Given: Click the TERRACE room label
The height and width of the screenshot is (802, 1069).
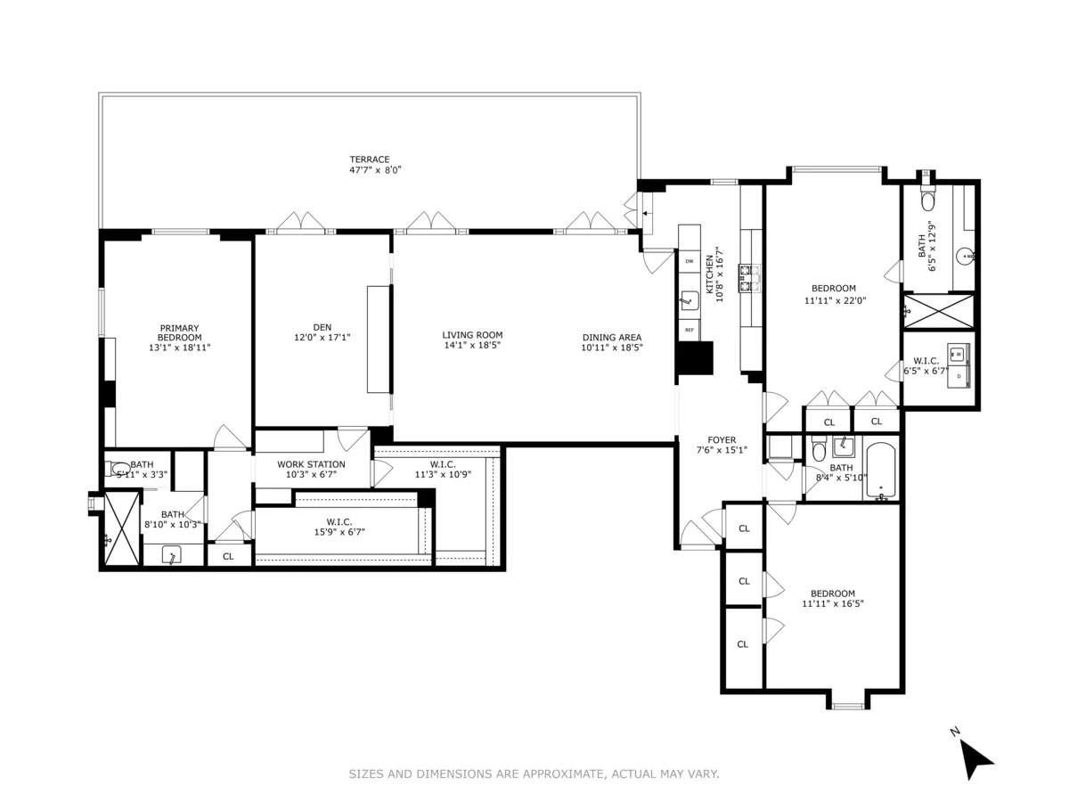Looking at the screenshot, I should click(369, 160).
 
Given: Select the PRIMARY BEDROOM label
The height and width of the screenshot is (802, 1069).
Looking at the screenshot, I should click(179, 332).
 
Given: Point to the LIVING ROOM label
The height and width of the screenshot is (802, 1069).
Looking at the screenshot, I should click(472, 335).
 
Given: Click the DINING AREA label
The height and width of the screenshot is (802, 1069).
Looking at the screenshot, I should click(611, 338).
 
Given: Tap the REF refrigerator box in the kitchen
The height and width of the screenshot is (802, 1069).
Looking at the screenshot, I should click(689, 330).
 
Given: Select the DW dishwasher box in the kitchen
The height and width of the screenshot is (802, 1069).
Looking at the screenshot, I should click(689, 261).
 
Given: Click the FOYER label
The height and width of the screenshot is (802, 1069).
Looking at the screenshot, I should click(722, 440).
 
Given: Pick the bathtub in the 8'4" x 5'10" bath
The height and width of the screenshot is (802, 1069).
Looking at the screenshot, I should click(881, 471).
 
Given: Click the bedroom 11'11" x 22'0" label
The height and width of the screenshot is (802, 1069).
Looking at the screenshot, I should click(833, 288).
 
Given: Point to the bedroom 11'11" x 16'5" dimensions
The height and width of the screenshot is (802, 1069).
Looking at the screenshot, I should click(832, 603).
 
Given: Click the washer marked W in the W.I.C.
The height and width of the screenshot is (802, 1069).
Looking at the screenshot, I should click(959, 353).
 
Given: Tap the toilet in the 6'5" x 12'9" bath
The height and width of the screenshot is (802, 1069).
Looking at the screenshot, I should click(926, 198).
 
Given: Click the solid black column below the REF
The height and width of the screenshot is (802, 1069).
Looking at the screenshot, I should click(694, 358).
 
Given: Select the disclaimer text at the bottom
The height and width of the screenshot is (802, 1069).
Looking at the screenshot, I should click(534, 774).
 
